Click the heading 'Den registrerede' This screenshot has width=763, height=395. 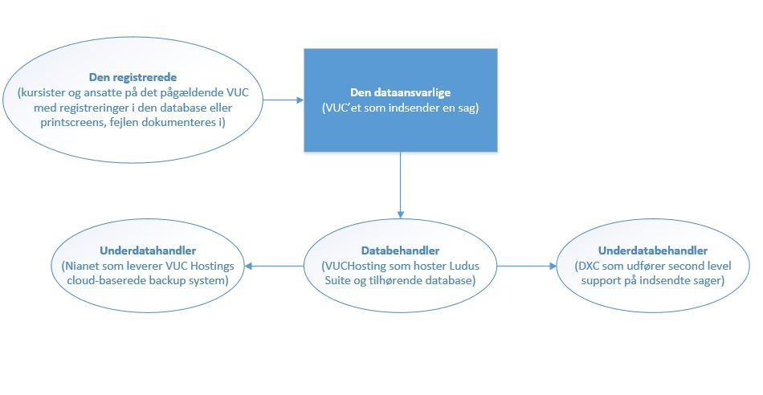click(133, 77)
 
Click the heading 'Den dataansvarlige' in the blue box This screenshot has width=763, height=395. click(401, 92)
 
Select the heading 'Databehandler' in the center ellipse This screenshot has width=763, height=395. click(400, 251)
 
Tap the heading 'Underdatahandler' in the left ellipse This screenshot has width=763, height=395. click(148, 251)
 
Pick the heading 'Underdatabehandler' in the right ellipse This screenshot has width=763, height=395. click(653, 251)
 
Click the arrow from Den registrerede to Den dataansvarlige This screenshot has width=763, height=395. click(284, 100)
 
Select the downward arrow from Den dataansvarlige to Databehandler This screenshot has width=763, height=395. click(401, 185)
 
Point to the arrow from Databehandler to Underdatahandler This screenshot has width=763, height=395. click(274, 266)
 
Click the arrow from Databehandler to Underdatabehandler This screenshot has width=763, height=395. click(527, 266)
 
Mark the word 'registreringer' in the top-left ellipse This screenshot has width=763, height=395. click(90, 108)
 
